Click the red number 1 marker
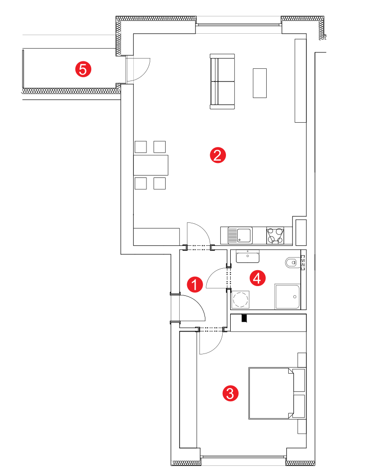195,284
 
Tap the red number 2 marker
218,155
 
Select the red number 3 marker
230,393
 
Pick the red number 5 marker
83,69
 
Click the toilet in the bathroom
293,262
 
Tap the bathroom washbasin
247,256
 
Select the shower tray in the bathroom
287,297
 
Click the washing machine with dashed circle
240,300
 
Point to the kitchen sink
240,235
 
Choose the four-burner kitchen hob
275,235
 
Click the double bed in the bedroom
277,393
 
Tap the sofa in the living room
222,81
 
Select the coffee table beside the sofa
260,83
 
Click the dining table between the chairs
151,165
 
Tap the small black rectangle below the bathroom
244,318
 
